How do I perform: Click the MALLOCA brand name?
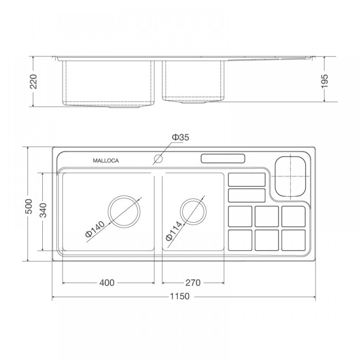tap(105, 161)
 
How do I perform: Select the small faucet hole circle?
tap(158, 158)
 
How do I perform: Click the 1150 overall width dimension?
tap(180, 296)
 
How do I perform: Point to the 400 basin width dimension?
tap(107, 283)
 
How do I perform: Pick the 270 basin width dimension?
tap(193, 283)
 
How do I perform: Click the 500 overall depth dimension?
tap(30, 206)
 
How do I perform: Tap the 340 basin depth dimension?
tap(43, 210)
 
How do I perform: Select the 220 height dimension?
tap(33, 81)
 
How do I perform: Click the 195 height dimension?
tap(325, 81)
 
